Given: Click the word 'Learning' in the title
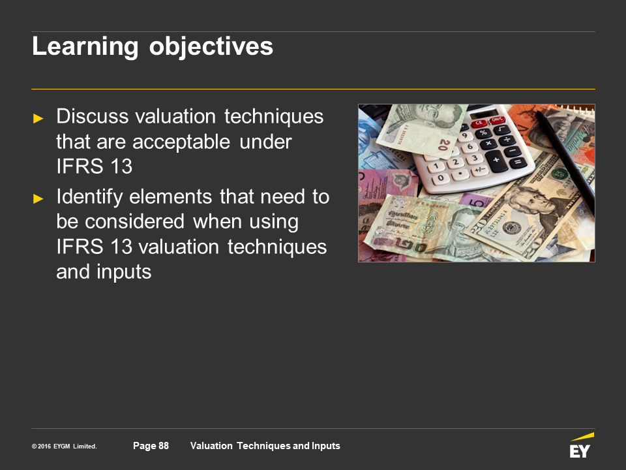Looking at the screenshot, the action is (x=85, y=47).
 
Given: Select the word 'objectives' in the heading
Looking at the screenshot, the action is (x=211, y=47).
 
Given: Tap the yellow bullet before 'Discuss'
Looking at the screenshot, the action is (x=38, y=118).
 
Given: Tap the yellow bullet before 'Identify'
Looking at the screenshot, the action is (x=38, y=198).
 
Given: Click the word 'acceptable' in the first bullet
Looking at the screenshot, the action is (x=181, y=142).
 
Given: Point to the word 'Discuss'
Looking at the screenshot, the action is (x=92, y=117).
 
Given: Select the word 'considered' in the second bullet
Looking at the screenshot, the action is (x=135, y=222).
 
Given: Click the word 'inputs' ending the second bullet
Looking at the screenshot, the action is (x=124, y=273).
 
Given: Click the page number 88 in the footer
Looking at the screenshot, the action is (x=164, y=446).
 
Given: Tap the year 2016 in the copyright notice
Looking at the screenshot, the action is (x=44, y=446).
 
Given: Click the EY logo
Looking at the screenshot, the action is (x=581, y=445).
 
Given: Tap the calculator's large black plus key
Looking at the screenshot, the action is (x=497, y=161).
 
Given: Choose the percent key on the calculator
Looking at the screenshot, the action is (x=483, y=133).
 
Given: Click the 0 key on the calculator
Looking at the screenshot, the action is (x=441, y=178).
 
